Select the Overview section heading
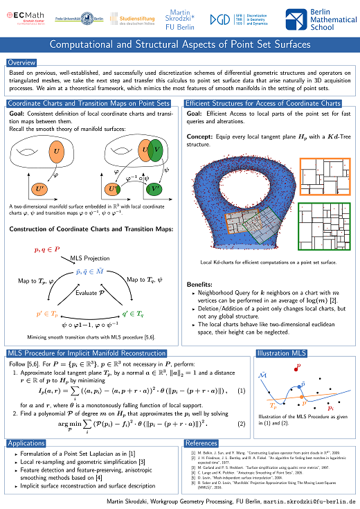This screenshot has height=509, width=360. [21, 63]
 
